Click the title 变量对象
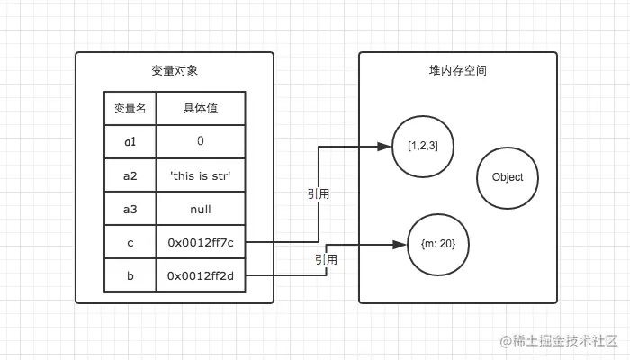tap(174, 70)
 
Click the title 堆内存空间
tap(458, 70)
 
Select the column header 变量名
tap(130, 109)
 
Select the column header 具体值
tap(200, 109)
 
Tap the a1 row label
tap(130, 142)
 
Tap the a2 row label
tap(130, 175)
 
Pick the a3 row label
tap(130, 209)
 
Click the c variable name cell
tap(130, 242)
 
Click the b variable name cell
tap(130, 275)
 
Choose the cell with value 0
tap(200, 142)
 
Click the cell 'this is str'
tap(200, 175)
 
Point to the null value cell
tap(200, 209)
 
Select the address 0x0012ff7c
tap(200, 242)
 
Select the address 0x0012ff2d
tap(200, 275)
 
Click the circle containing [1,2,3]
tap(423, 146)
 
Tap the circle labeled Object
tap(508, 177)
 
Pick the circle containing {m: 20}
tap(438, 244)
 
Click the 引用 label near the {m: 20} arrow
tap(326, 259)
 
